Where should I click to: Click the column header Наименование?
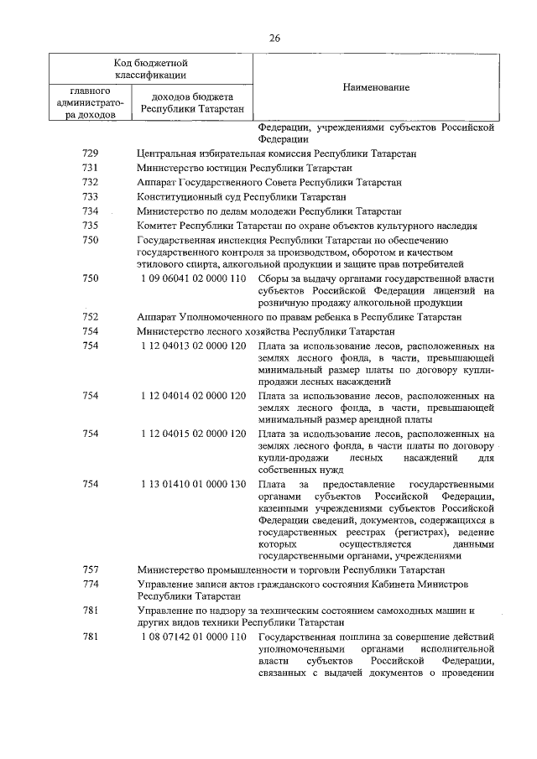pos(375,88)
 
